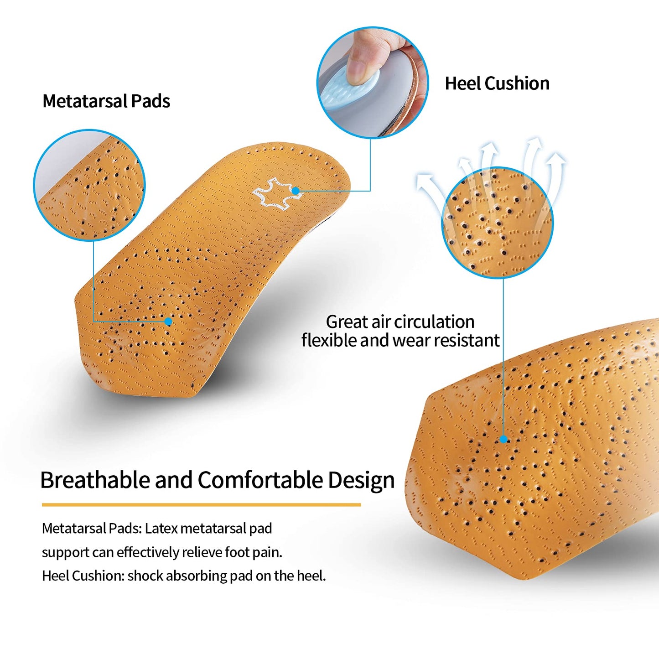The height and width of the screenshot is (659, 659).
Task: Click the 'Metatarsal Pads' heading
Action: pyautogui.click(x=106, y=101)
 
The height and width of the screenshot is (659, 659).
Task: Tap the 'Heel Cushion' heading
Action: pyautogui.click(x=497, y=83)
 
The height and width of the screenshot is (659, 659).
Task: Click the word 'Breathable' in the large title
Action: pyautogui.click(x=95, y=480)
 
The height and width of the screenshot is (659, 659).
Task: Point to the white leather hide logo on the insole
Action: pyautogui.click(x=277, y=193)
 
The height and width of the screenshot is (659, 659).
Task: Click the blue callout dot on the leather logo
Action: pyautogui.click(x=296, y=191)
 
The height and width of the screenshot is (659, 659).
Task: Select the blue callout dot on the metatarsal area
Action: pyautogui.click(x=168, y=321)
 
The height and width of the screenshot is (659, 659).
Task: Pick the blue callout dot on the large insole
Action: pyautogui.click(x=503, y=440)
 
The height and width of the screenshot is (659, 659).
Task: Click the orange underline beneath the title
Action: pyautogui.click(x=201, y=505)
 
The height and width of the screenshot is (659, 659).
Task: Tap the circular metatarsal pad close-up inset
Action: pyautogui.click(x=89, y=185)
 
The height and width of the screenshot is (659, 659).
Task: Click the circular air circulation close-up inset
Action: pyautogui.click(x=497, y=223)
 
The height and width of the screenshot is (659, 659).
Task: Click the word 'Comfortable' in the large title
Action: pyautogui.click(x=261, y=480)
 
